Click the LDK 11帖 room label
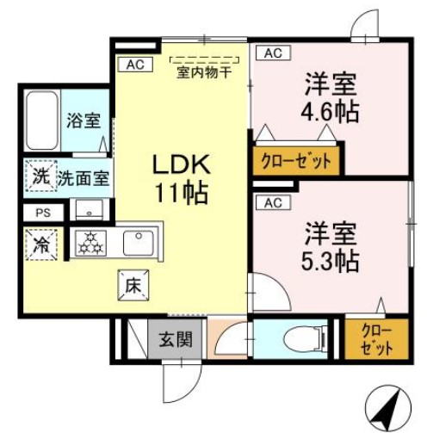tap(181, 178)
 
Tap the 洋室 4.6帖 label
tap(331, 98)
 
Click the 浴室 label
tap(83, 121)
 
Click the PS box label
tap(42, 213)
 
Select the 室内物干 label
tap(204, 72)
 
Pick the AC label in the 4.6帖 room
tap(272, 53)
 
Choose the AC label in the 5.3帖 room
tap(272, 203)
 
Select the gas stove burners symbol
tap(90, 243)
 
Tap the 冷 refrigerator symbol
tap(40, 244)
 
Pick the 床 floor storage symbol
tap(132, 282)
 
